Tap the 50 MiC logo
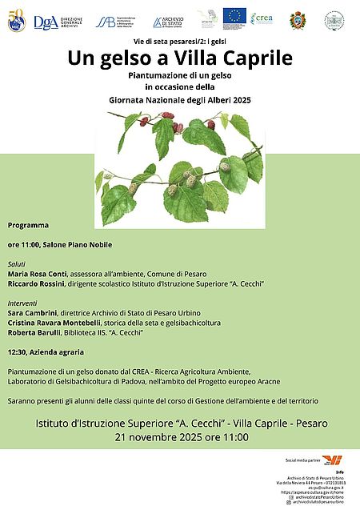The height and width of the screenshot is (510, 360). click(x=16, y=22)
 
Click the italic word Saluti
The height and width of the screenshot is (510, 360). click(x=17, y=263)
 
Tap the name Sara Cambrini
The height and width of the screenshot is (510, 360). click(x=33, y=313)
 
